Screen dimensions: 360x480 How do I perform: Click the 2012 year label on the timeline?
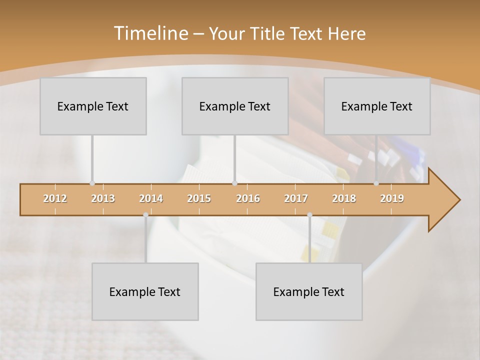(55, 198)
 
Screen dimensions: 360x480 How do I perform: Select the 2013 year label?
(103, 198)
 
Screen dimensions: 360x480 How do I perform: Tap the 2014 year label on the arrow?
(151, 198)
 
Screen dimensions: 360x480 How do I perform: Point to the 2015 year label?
(199, 198)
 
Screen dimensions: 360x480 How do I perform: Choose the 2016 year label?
(248, 198)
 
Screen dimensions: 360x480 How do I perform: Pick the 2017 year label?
(296, 198)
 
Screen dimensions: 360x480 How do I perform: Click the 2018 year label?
(344, 198)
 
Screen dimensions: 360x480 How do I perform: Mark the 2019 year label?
(392, 198)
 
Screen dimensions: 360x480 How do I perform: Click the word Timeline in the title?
(150, 33)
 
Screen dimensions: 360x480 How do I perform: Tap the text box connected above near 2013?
(93, 106)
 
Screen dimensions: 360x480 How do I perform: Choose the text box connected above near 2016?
(235, 106)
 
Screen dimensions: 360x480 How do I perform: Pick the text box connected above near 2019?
(377, 106)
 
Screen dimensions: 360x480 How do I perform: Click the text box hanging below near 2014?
(145, 291)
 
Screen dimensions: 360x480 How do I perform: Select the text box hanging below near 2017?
(309, 291)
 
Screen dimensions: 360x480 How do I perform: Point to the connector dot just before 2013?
(92, 183)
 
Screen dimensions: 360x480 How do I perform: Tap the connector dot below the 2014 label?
(145, 215)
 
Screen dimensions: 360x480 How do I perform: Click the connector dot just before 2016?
(234, 183)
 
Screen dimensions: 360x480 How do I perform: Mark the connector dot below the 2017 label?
(309, 215)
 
